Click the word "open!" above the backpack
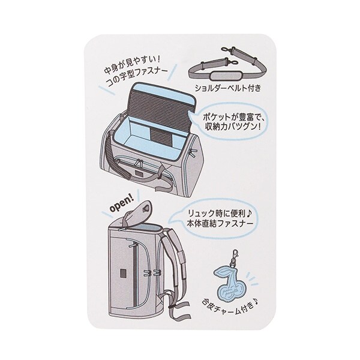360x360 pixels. pyautogui.click(x=121, y=205)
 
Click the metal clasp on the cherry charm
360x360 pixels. pyautogui.click(x=235, y=257)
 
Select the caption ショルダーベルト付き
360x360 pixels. pyautogui.click(x=228, y=88)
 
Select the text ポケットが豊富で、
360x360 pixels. pyautogui.click(x=234, y=117)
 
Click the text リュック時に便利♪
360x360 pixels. pyautogui.click(x=220, y=214)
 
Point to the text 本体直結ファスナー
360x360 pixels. pyautogui.click(x=220, y=224)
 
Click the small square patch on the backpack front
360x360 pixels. pyautogui.click(x=123, y=274)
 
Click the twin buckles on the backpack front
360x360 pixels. pyautogui.click(x=152, y=272)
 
